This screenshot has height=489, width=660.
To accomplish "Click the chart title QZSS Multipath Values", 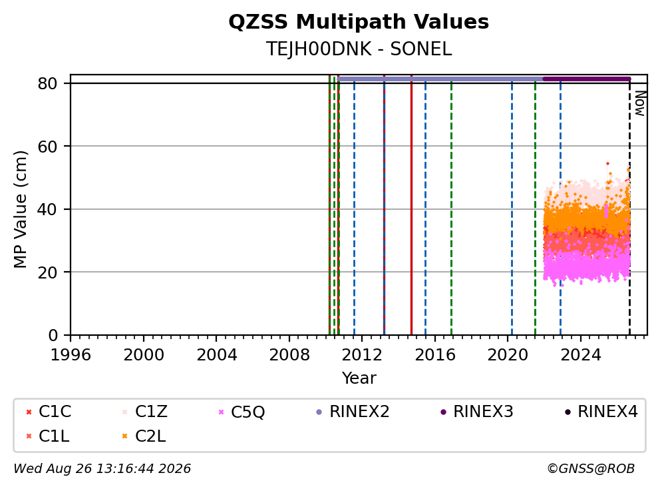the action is point(359,22).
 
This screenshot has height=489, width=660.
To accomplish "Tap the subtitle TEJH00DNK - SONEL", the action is point(359,49).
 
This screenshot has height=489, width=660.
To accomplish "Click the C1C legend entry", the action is point(49,412).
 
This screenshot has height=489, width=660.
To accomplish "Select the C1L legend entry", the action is point(47,436).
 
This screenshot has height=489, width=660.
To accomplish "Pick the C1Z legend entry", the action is point(144,412).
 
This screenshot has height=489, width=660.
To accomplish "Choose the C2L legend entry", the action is point(144,436).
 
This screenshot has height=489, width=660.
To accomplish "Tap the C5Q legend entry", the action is point(242,412).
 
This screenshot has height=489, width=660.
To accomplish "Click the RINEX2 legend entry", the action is point(353,412).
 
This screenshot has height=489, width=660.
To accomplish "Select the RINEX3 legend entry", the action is point(476,412).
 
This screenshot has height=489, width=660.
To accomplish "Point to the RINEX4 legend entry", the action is point(601,412).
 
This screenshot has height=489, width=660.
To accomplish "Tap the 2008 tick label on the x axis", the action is point(289,355).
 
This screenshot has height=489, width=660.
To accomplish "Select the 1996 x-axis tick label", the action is point(71,355).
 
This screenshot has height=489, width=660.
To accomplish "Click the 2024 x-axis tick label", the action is point(580,355).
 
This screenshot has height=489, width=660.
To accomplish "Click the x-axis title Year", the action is point(359,378).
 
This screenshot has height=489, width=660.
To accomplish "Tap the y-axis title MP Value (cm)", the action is point(20,209).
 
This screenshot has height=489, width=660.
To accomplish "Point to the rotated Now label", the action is point(640,103).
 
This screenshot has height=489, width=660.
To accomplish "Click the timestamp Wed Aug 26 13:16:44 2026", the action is point(102,468).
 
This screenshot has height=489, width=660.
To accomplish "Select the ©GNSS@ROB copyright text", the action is point(591,468).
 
